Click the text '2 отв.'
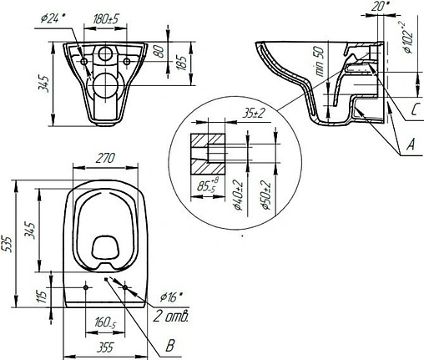171,317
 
